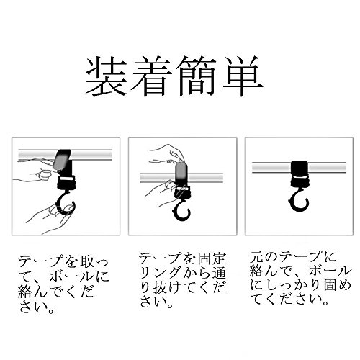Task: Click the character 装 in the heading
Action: pyautogui.click(x=107, y=76)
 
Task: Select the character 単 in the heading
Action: pyautogui.click(x=242, y=76)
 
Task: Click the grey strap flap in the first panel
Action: pyautogui.click(x=61, y=159)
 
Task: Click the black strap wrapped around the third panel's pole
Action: pyautogui.click(x=300, y=168)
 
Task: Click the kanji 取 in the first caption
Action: pyautogui.click(x=85, y=261)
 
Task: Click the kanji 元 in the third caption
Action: pyautogui.click(x=256, y=258)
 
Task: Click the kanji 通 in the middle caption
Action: pyautogui.click(x=219, y=273)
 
